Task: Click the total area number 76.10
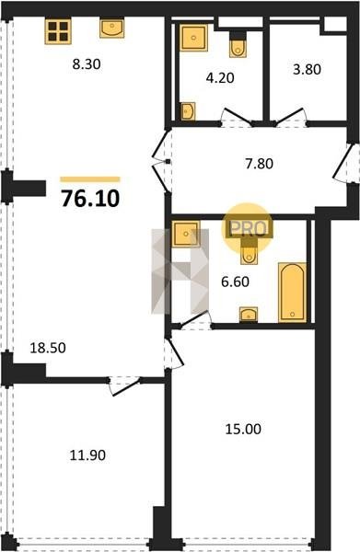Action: click(x=90, y=199)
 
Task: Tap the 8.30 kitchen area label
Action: click(x=87, y=64)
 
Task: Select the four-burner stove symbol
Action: click(x=58, y=31)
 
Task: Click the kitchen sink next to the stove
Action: click(x=111, y=29)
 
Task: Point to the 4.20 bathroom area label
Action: click(x=220, y=78)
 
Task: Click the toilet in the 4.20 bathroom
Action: click(x=238, y=45)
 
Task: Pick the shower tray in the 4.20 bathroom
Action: click(x=193, y=38)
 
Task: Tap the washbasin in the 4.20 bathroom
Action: click(x=188, y=111)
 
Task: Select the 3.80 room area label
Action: click(x=307, y=69)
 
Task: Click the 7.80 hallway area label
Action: click(x=260, y=164)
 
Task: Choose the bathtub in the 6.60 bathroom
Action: click(x=292, y=292)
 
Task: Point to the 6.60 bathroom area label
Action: click(x=235, y=282)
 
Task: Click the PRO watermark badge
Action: click(x=248, y=228)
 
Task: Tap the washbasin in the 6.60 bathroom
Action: click(x=249, y=315)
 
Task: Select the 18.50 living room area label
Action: click(x=48, y=348)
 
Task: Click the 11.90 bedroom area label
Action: click(x=87, y=455)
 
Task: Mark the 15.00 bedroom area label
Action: click(x=243, y=429)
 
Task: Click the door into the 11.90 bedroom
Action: click(x=124, y=385)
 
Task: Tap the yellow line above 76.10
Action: click(x=90, y=179)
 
